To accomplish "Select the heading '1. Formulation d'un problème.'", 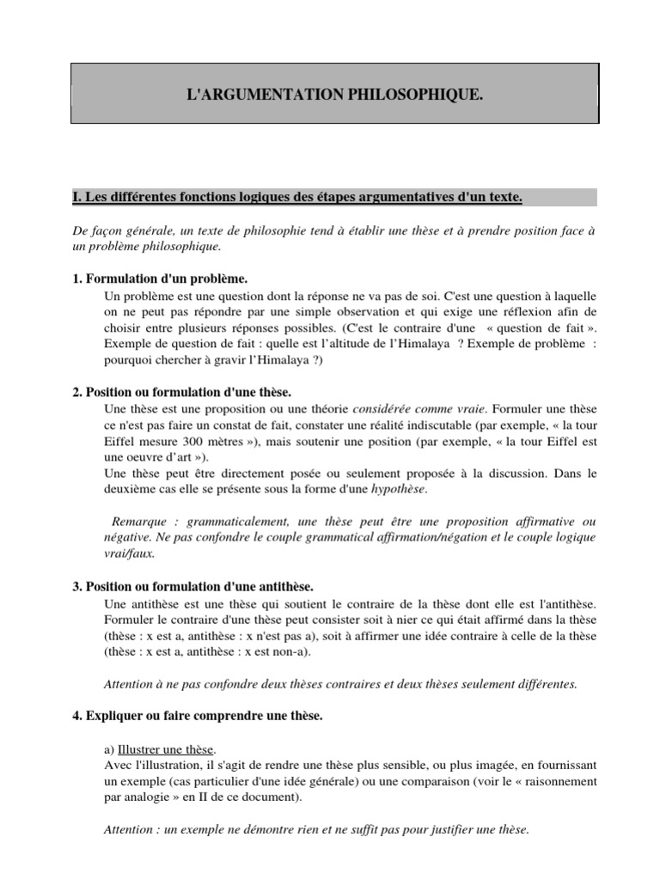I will pos(160,279).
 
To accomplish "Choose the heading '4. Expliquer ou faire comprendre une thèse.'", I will pos(198,716).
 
